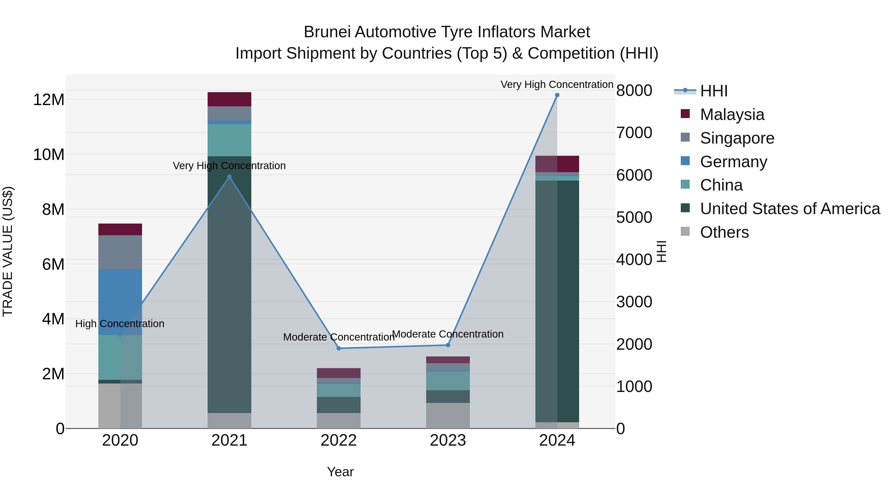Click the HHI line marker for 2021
229,177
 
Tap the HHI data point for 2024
557,95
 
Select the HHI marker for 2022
339,348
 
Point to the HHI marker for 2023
448,345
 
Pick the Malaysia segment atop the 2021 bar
229,99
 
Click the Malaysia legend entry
732,115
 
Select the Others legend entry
724,232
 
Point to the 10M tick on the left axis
49,155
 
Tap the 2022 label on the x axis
339,440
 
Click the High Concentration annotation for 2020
120,323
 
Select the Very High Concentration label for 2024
557,84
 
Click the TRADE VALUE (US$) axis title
8,251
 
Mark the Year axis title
340,472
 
